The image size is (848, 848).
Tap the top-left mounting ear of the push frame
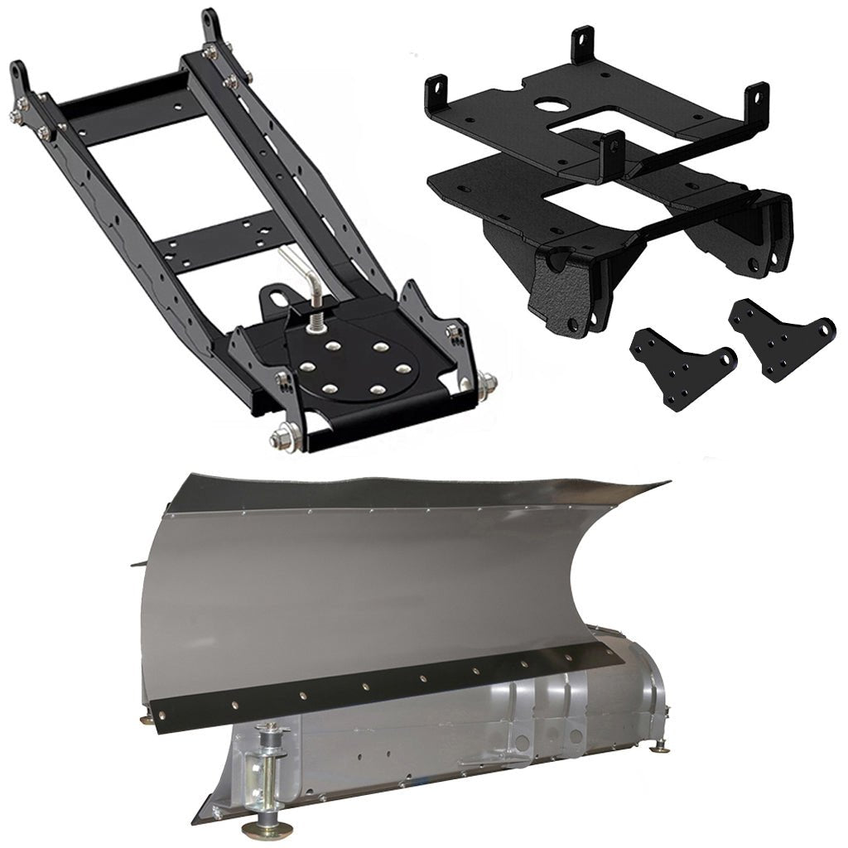20,78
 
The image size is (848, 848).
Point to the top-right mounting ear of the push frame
210,25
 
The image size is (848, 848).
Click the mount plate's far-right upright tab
756,99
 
